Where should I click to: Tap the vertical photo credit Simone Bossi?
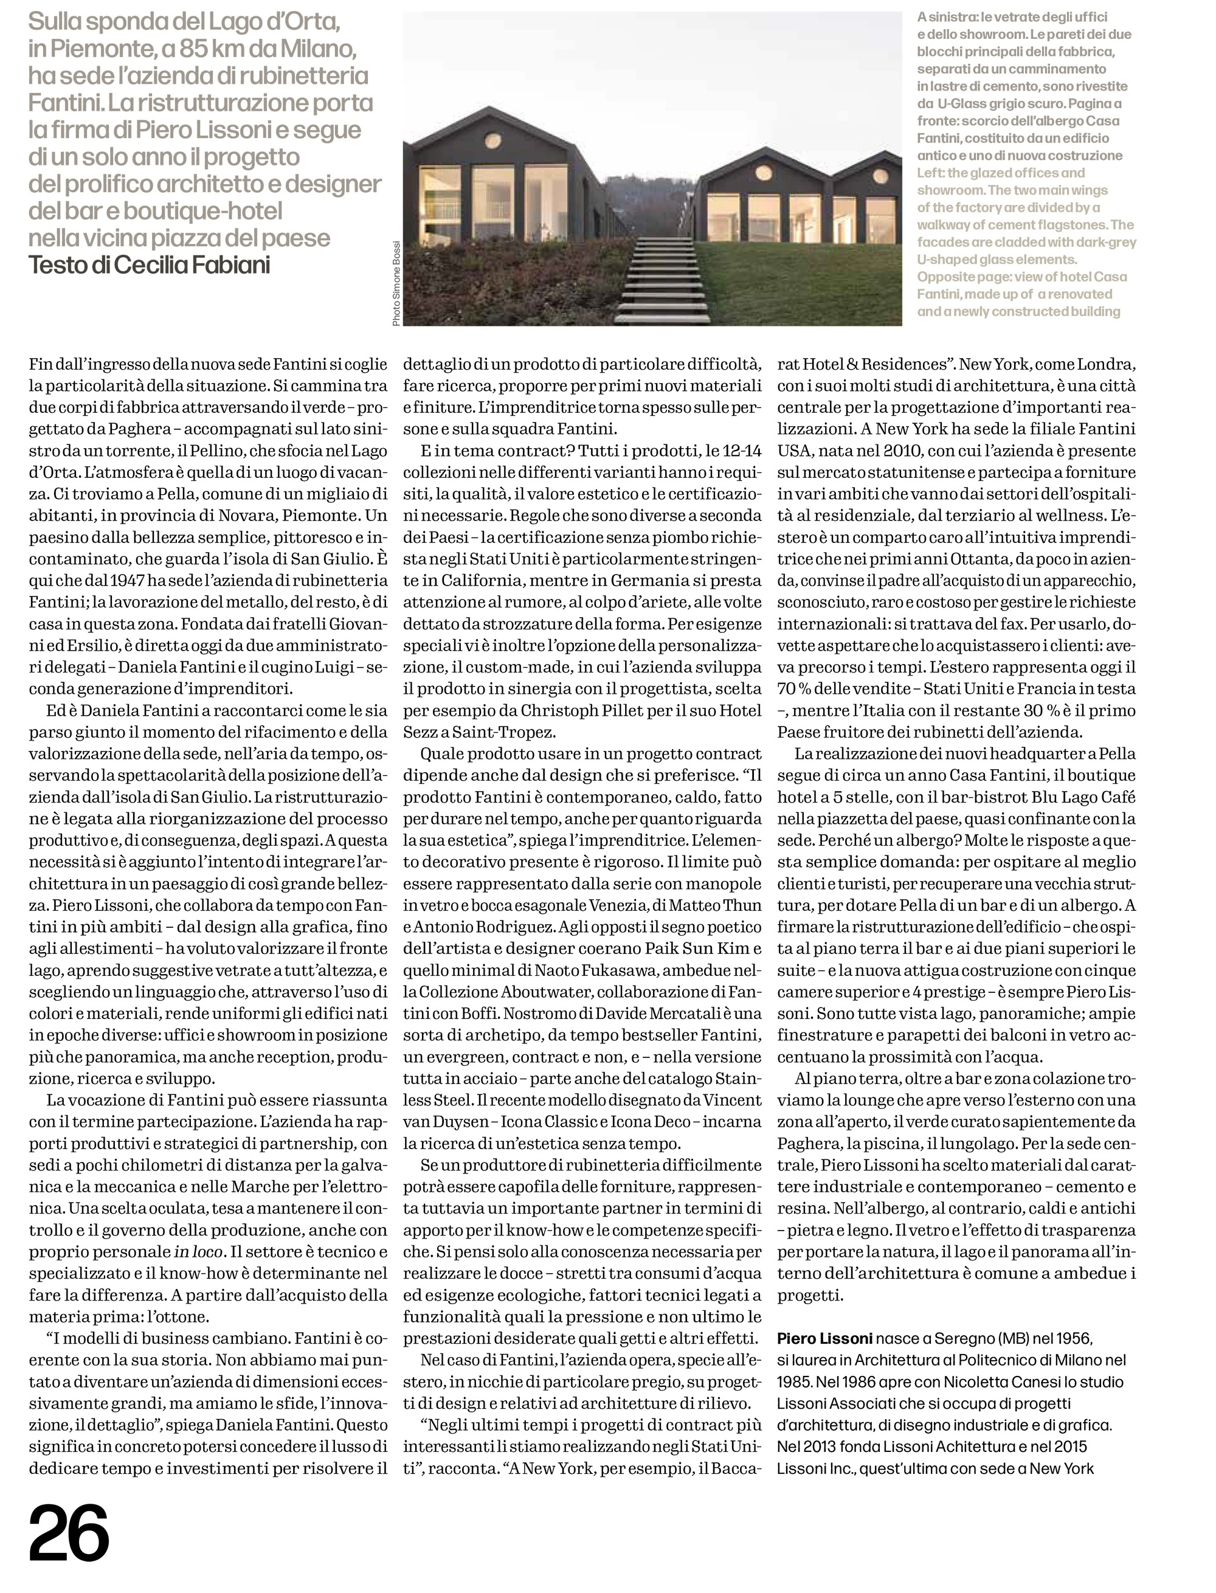click(396, 283)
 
